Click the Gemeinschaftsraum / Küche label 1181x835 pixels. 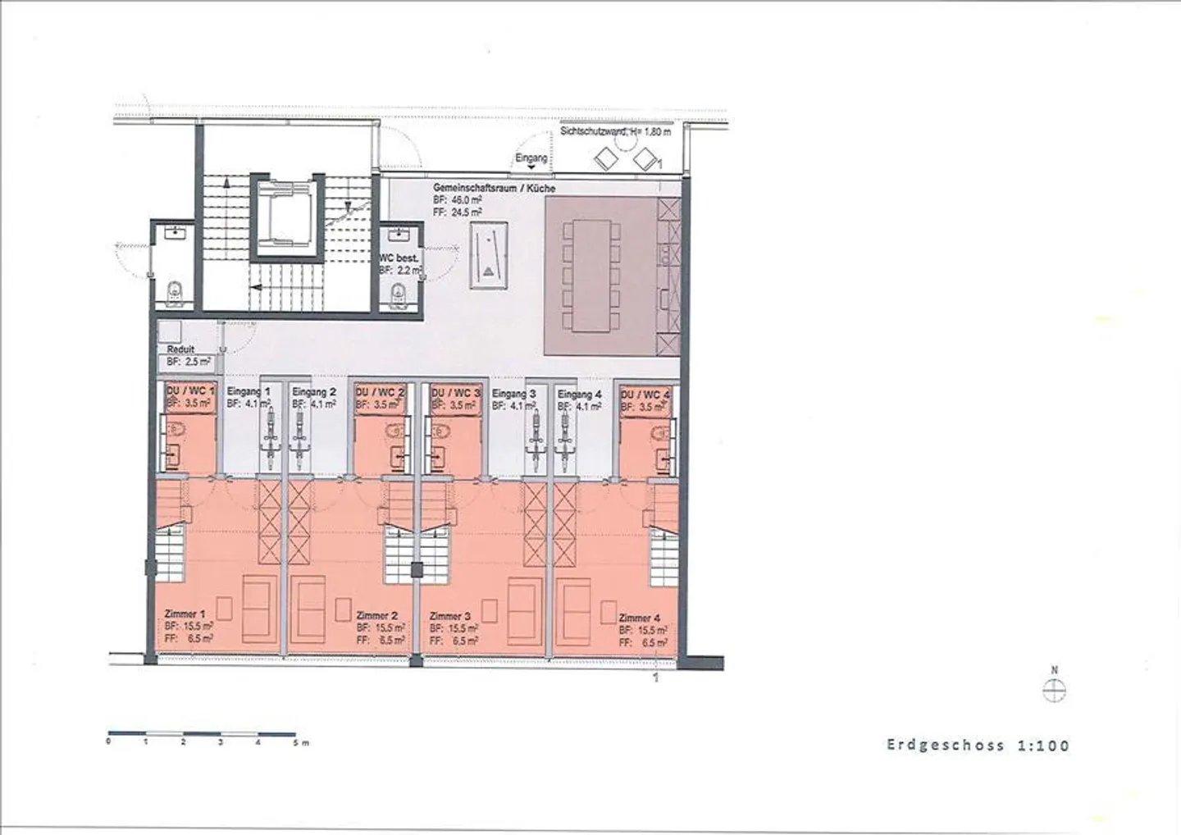[x=494, y=189]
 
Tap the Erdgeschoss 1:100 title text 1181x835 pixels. [x=978, y=746]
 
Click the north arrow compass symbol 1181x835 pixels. [x=1054, y=691]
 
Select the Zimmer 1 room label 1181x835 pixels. [x=185, y=614]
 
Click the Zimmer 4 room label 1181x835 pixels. [x=640, y=618]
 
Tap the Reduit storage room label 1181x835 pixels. [x=180, y=349]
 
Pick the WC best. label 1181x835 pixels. [x=399, y=258]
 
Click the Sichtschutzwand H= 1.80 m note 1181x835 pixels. [x=615, y=131]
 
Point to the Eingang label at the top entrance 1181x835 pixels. [x=531, y=157]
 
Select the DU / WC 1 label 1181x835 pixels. [x=190, y=391]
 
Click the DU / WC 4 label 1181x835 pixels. [x=645, y=395]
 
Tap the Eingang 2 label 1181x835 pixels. [x=314, y=392]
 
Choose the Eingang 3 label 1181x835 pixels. [x=514, y=394]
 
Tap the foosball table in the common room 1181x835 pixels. [x=488, y=256]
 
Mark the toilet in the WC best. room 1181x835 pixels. [x=399, y=292]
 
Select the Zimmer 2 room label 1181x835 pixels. [x=377, y=615]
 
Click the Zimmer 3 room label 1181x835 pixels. [x=450, y=615]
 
